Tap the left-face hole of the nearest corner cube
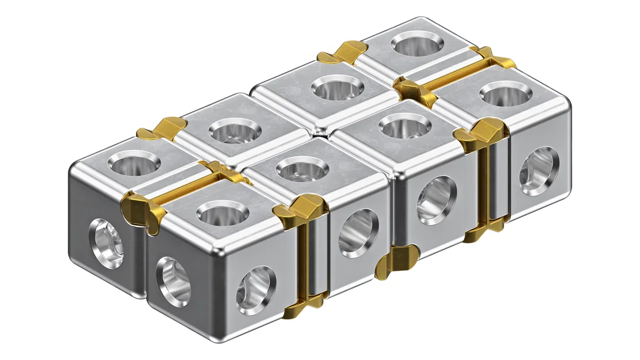pyautogui.click(x=173, y=282)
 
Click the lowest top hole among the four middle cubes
pyautogui.click(x=302, y=169)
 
